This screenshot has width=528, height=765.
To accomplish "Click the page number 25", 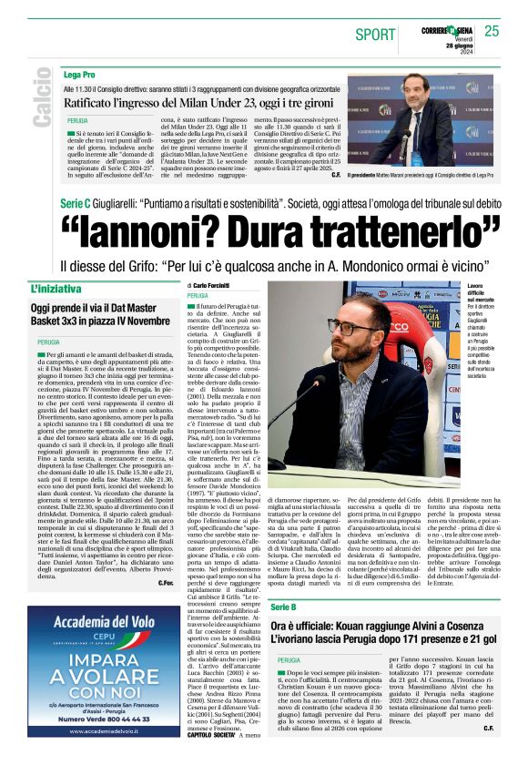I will pos(492,31).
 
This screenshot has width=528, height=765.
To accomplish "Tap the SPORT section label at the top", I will pos(375,35).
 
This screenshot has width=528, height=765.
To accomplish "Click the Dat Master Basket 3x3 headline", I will pos(100,314).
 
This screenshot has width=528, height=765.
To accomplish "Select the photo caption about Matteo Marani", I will pos(423,174).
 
